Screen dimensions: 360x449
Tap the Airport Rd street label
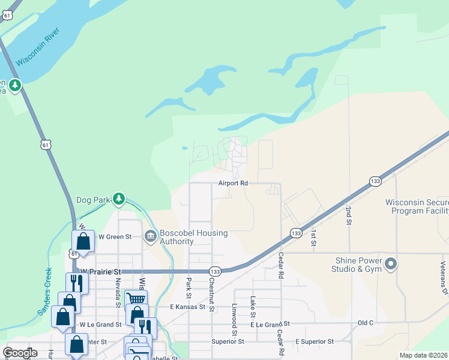click(233, 183)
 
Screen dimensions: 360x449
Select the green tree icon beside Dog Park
click(119, 199)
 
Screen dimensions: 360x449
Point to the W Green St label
click(115, 237)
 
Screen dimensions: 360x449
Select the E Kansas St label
click(194, 307)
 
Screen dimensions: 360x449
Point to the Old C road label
click(366, 323)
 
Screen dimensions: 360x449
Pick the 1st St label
click(313, 238)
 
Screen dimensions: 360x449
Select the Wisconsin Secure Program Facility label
click(417, 206)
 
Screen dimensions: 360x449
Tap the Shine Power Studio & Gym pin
click(391, 264)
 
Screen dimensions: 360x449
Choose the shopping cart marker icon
click(136, 298)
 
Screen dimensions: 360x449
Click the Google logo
click(20, 353)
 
